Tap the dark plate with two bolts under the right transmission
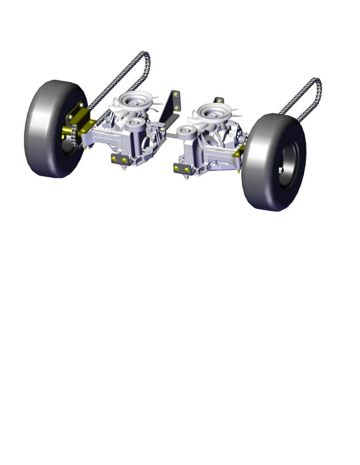(183, 168)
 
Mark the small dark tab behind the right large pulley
(219, 100)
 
